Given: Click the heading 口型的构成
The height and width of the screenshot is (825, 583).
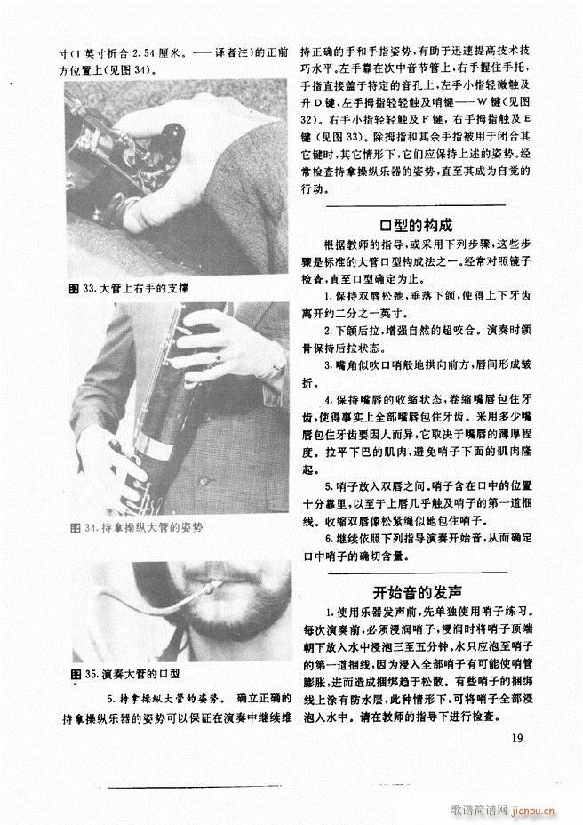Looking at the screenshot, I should (x=416, y=225).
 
